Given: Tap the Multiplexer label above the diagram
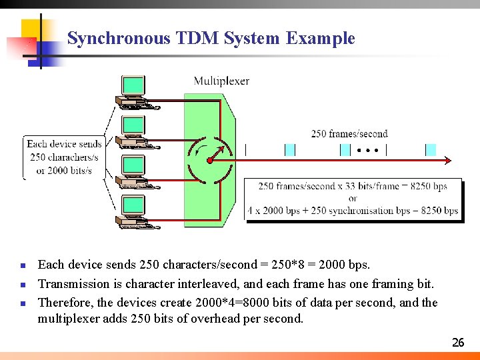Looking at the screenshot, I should pyautogui.click(x=221, y=81).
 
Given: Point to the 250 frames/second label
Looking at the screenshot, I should pyautogui.click(x=349, y=134).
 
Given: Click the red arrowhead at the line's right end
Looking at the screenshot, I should pyautogui.click(x=447, y=160).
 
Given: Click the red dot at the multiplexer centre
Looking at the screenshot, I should pyautogui.click(x=209, y=161).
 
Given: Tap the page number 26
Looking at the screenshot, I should pyautogui.click(x=457, y=343).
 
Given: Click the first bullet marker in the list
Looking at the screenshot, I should pyautogui.click(x=23, y=265).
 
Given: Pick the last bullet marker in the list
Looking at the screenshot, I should pyautogui.click(x=23, y=303).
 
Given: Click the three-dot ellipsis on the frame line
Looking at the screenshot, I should pyautogui.click(x=367, y=150).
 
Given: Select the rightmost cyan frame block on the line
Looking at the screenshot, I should pyautogui.click(x=431, y=150).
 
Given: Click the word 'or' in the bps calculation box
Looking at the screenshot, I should pyautogui.click(x=353, y=199).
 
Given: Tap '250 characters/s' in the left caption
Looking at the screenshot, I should pyautogui.click(x=64, y=157).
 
